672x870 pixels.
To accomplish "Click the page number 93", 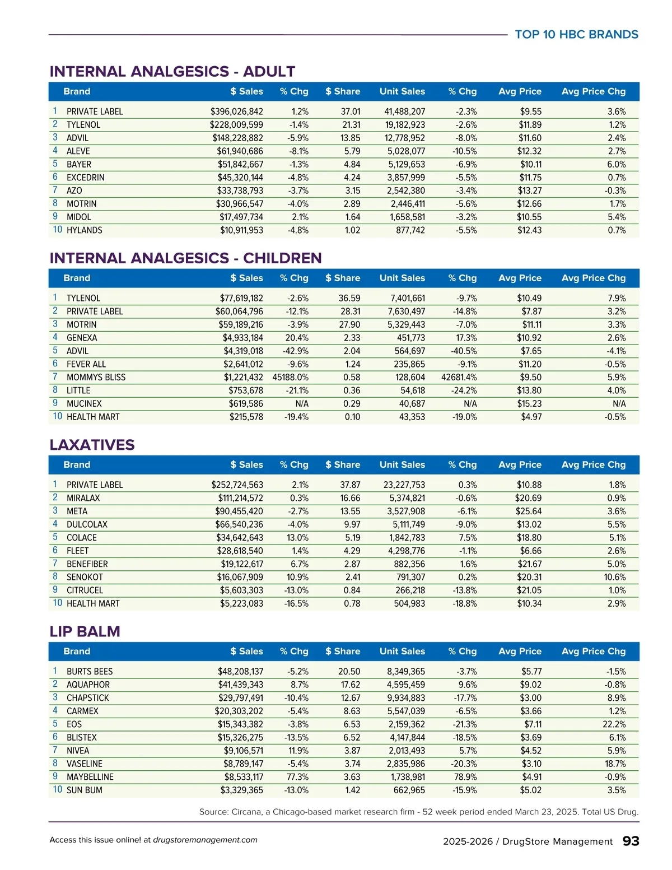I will point(631,841).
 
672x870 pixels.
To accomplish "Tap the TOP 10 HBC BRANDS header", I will point(576,35).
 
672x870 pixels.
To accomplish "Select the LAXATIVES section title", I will point(92,445).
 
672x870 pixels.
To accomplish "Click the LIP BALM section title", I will point(85,631).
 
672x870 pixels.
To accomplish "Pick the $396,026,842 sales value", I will point(236,111).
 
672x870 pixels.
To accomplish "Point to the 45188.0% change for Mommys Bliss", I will point(290,377).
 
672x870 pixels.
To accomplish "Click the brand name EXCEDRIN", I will point(85,178).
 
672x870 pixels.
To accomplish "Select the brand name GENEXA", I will point(82,338).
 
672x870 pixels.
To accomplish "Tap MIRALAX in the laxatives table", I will point(83,498).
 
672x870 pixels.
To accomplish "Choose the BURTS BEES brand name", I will point(90,671).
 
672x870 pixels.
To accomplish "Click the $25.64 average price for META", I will point(529,511).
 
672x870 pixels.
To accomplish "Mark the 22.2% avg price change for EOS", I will point(614,724).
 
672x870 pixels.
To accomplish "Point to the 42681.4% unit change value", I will point(459,377).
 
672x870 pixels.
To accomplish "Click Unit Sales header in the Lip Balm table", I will point(402,651).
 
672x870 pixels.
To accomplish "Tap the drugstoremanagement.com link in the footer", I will point(205,840).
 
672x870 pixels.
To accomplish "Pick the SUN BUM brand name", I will point(85,790).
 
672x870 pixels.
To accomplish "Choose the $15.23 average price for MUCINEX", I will point(529,403).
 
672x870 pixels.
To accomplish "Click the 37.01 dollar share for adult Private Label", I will point(350,111).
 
